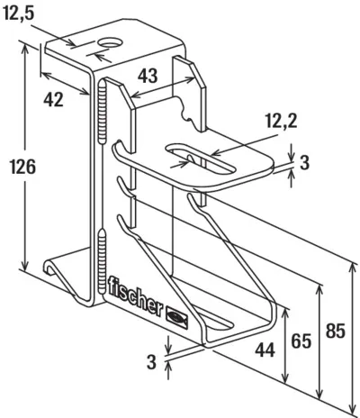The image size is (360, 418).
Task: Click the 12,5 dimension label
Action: click(19, 14)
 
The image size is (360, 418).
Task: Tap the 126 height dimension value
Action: click(23, 167)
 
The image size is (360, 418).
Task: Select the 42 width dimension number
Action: click(53, 99)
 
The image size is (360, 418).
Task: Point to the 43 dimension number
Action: click(148, 76)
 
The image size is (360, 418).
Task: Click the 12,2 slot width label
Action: click(282, 122)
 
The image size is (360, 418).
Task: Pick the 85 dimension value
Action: click(336, 331)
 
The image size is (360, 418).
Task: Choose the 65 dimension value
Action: click(301, 341)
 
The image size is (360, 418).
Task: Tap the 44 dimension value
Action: click(265, 350)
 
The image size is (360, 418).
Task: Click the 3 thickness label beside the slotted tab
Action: click(304, 163)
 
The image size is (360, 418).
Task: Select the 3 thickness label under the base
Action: click(152, 362)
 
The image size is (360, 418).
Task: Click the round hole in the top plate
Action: click(111, 42)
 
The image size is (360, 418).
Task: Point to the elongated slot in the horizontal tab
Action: click(201, 158)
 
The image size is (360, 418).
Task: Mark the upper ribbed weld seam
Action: click(103, 111)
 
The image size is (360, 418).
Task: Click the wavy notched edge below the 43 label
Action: click(184, 111)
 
